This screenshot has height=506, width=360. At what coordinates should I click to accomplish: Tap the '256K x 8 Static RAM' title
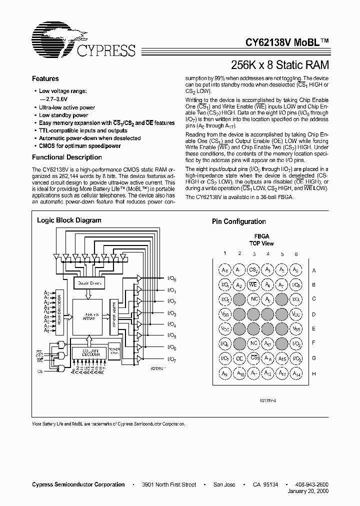279,64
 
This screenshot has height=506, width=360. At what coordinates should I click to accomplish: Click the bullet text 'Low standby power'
63,115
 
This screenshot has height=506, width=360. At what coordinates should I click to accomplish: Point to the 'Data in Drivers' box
89,283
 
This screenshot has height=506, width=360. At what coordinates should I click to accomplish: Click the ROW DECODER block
59,311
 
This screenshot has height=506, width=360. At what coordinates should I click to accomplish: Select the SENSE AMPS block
114,318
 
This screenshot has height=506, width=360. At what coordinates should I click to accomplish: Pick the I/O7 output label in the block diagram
171,359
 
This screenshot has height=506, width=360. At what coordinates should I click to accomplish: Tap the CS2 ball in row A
253,270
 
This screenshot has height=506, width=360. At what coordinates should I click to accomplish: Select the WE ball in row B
253,285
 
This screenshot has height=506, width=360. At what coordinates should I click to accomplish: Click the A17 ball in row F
268,344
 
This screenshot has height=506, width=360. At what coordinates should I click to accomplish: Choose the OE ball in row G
239,358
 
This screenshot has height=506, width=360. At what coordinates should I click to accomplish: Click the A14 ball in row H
296,373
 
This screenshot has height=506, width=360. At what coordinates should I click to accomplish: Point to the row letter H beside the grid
313,373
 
